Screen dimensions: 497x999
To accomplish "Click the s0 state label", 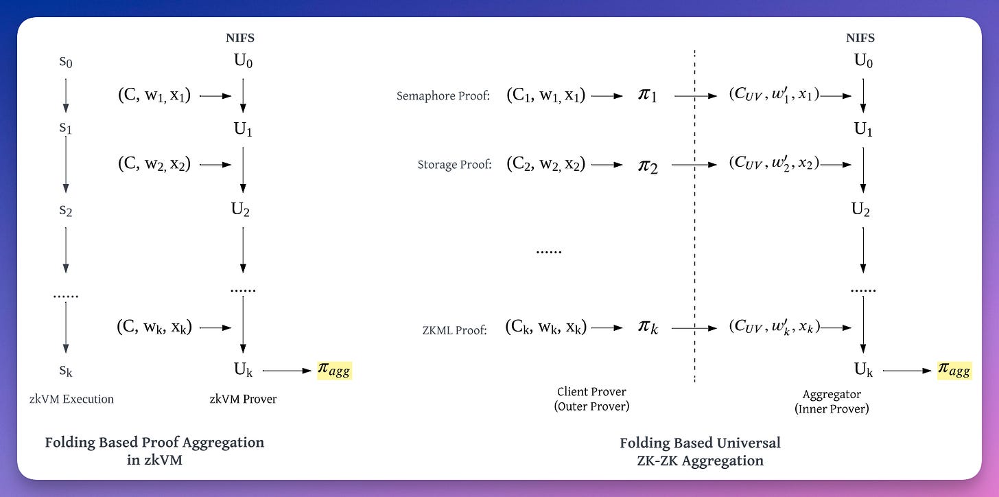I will (66, 62).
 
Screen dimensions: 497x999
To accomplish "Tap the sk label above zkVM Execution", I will (66, 371).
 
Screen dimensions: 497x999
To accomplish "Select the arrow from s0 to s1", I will (66, 95).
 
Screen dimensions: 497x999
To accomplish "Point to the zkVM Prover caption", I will (243, 399).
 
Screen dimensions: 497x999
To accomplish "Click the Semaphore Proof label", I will (443, 96).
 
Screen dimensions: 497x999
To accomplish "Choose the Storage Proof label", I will (454, 165).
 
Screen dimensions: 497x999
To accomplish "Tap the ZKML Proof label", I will (455, 330).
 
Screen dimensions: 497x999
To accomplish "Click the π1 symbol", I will (648, 95).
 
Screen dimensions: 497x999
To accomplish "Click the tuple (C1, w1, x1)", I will (545, 95).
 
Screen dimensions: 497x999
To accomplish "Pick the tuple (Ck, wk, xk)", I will (545, 328).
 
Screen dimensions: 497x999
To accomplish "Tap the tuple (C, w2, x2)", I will (154, 164).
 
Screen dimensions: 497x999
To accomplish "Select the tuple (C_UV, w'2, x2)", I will (774, 165).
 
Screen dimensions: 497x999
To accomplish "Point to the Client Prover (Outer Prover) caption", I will (591, 399).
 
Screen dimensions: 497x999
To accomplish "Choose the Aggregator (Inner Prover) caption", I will (832, 402).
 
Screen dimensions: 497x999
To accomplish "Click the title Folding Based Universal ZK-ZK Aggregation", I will (700, 451).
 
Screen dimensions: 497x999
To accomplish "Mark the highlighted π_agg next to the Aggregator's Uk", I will (954, 371).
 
